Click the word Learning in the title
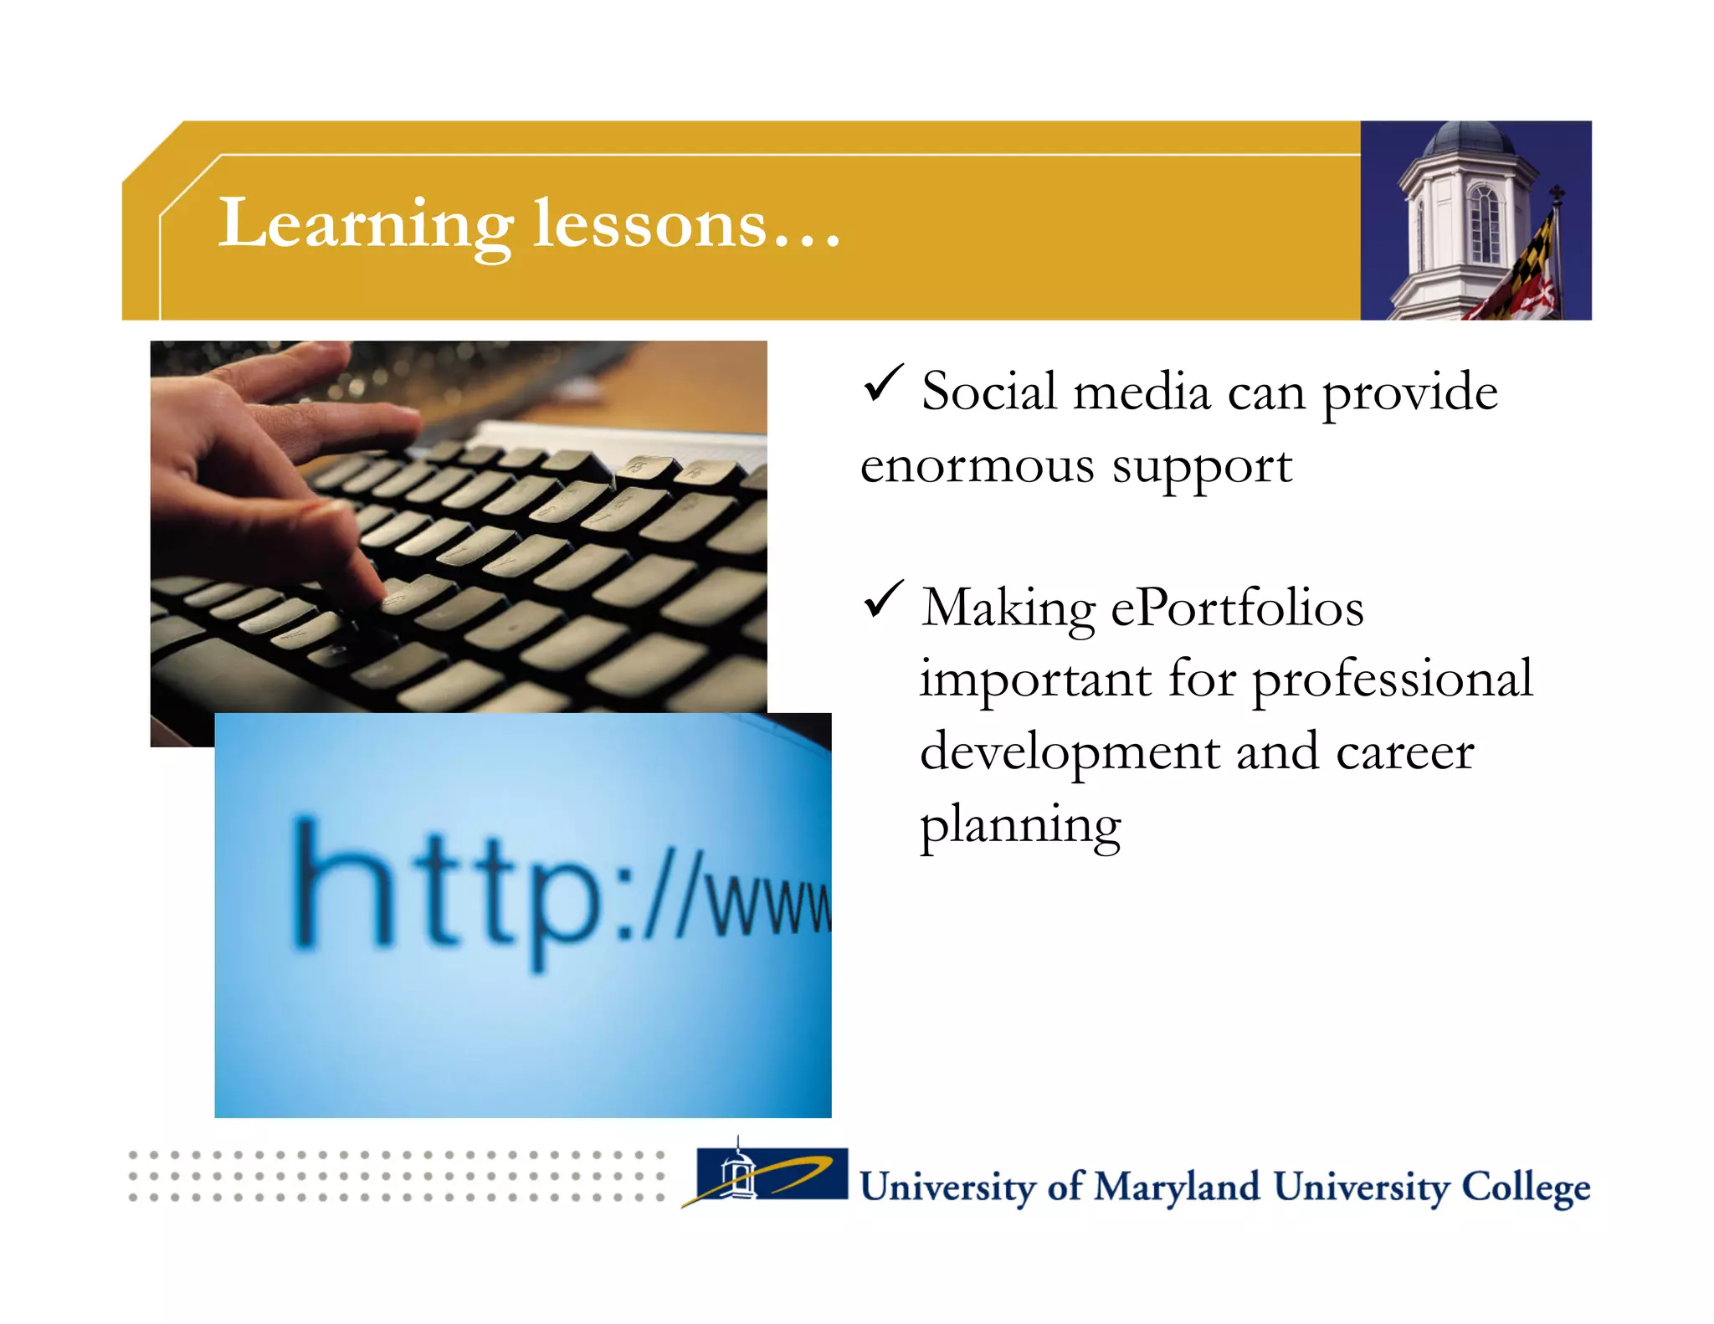(x=366, y=224)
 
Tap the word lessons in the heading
(x=649, y=224)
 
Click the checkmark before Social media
(x=882, y=382)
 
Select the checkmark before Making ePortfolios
(x=882, y=599)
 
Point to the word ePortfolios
(x=1236, y=608)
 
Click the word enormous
(x=977, y=465)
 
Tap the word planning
(x=1019, y=825)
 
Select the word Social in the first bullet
(x=988, y=392)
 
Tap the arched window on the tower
(x=1484, y=223)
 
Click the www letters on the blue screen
(x=770, y=904)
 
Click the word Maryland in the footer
(x=1176, y=1187)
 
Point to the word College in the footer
(x=1524, y=1187)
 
